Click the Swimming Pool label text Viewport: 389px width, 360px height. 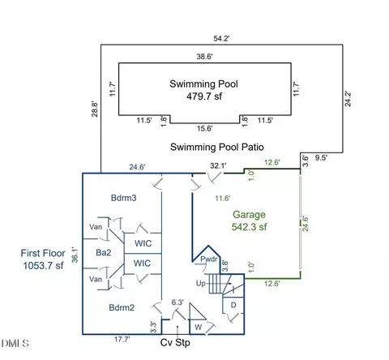(203, 84)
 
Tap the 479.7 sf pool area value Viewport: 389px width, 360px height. (204, 96)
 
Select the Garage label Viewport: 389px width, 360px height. (249, 215)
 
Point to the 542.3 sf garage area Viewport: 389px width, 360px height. (249, 227)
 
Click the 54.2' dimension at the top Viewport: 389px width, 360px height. (221, 38)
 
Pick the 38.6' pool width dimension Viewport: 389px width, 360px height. (204, 57)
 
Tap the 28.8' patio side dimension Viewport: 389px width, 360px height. (95, 109)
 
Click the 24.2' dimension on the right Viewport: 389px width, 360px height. (348, 99)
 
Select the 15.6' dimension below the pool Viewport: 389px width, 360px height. (204, 128)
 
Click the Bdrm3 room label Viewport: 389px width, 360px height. (124, 198)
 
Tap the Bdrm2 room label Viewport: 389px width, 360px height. (122, 307)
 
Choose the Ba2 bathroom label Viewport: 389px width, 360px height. (104, 252)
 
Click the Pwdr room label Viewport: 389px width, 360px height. (209, 259)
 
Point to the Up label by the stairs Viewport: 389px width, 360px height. (201, 284)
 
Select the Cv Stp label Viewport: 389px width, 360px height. (175, 343)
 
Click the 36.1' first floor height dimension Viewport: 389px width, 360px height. (75, 255)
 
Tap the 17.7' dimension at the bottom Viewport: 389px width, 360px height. (122, 339)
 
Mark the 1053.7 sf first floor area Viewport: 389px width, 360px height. (43, 266)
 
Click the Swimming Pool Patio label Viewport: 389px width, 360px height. (217, 147)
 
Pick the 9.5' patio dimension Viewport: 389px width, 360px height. (321, 158)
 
